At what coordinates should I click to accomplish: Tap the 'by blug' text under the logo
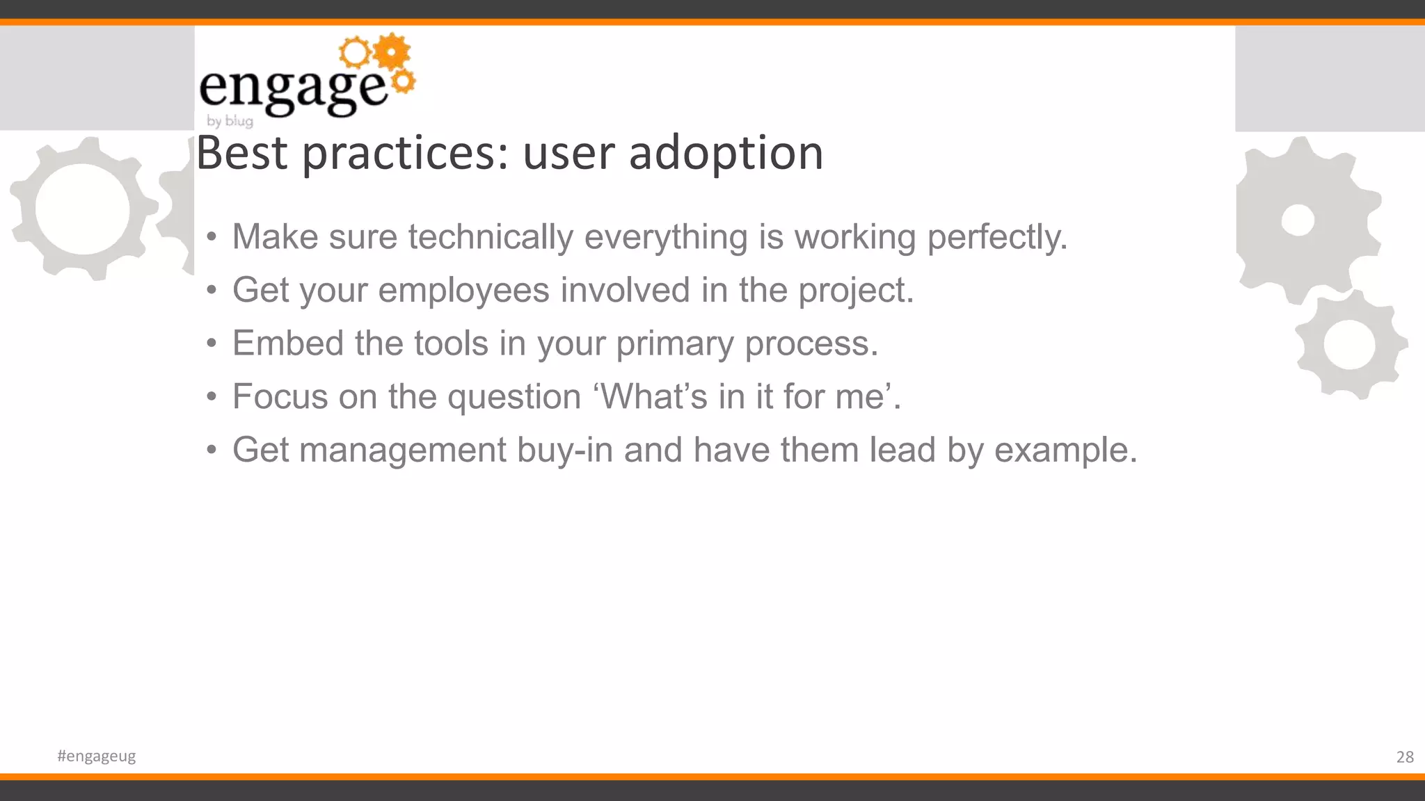[x=230, y=121]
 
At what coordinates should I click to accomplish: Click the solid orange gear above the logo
[x=392, y=51]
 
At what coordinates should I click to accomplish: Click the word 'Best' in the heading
[x=241, y=153]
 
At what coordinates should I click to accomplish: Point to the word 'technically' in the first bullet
[x=491, y=237]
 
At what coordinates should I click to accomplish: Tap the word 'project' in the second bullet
[x=854, y=290]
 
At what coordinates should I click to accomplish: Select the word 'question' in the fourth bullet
[x=514, y=398]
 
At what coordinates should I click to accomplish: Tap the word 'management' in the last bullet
[x=403, y=451]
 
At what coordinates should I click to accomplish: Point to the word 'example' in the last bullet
[x=1065, y=451]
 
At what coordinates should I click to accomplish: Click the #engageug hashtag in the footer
[x=96, y=756]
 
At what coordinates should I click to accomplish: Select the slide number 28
[x=1404, y=756]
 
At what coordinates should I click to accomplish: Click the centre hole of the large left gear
[x=82, y=209]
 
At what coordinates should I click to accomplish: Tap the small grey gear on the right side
[x=1349, y=345]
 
